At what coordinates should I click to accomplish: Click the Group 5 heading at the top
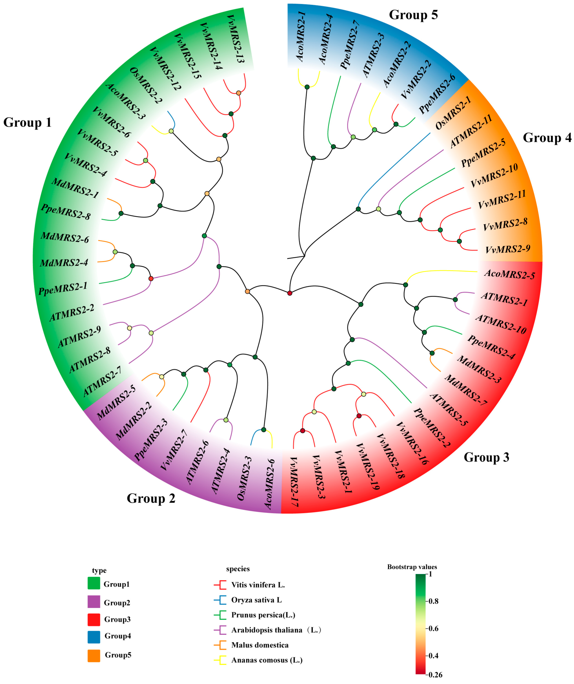tap(413, 15)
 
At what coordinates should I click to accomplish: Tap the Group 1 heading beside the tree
tap(27, 123)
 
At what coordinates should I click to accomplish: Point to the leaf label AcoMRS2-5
tap(509, 274)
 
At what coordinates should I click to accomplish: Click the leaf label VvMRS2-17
tap(294, 481)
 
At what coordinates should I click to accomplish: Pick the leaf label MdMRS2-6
tap(65, 237)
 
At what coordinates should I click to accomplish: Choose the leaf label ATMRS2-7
tap(102, 381)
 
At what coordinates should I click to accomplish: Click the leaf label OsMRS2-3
tap(245, 478)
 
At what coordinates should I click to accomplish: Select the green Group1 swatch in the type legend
tap(94, 583)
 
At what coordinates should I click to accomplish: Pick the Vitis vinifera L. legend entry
tap(258, 585)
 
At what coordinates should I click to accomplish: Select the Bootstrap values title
tap(412, 567)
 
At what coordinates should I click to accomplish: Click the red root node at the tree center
tap(289, 293)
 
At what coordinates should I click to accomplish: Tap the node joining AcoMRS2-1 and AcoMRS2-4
tap(307, 87)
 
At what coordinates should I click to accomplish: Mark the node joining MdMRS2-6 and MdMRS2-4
tap(115, 252)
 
